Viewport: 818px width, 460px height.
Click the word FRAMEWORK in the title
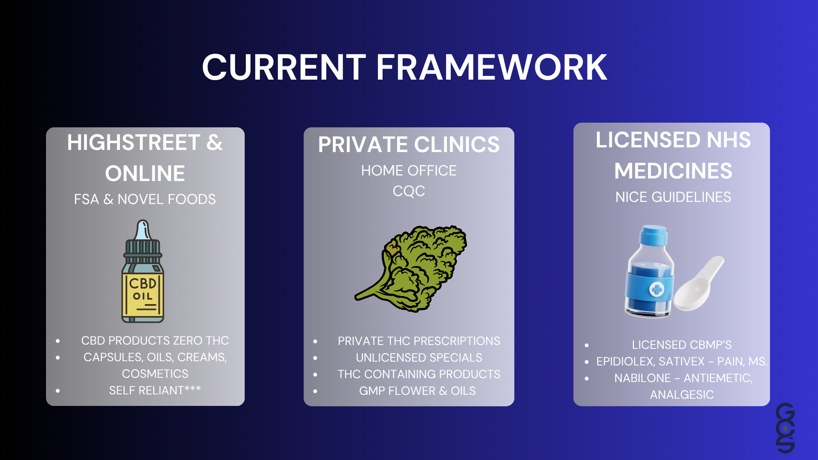coord(491,67)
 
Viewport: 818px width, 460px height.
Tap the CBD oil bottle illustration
coord(143,271)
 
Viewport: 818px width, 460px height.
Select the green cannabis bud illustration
coord(411,269)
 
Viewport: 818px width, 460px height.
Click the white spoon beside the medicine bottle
coord(699,284)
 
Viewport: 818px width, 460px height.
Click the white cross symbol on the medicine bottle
coord(657,290)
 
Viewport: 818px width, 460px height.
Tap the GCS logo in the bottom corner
coord(785,428)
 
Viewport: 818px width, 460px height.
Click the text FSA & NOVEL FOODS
coord(145,199)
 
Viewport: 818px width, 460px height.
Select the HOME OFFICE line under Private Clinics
coord(409,171)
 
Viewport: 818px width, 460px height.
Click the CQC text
coord(409,191)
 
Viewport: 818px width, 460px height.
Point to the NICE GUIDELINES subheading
coord(673,197)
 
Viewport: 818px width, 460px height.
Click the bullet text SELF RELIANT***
coord(155,390)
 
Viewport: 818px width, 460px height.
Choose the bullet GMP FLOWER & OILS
coord(418,391)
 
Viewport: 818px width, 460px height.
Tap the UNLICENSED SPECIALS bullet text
coord(419,357)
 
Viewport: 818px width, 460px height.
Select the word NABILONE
coord(642,378)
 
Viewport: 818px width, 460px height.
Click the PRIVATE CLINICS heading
coord(409,144)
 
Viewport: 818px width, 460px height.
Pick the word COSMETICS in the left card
coord(155,374)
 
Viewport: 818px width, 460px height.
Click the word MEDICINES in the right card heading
coord(673,171)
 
